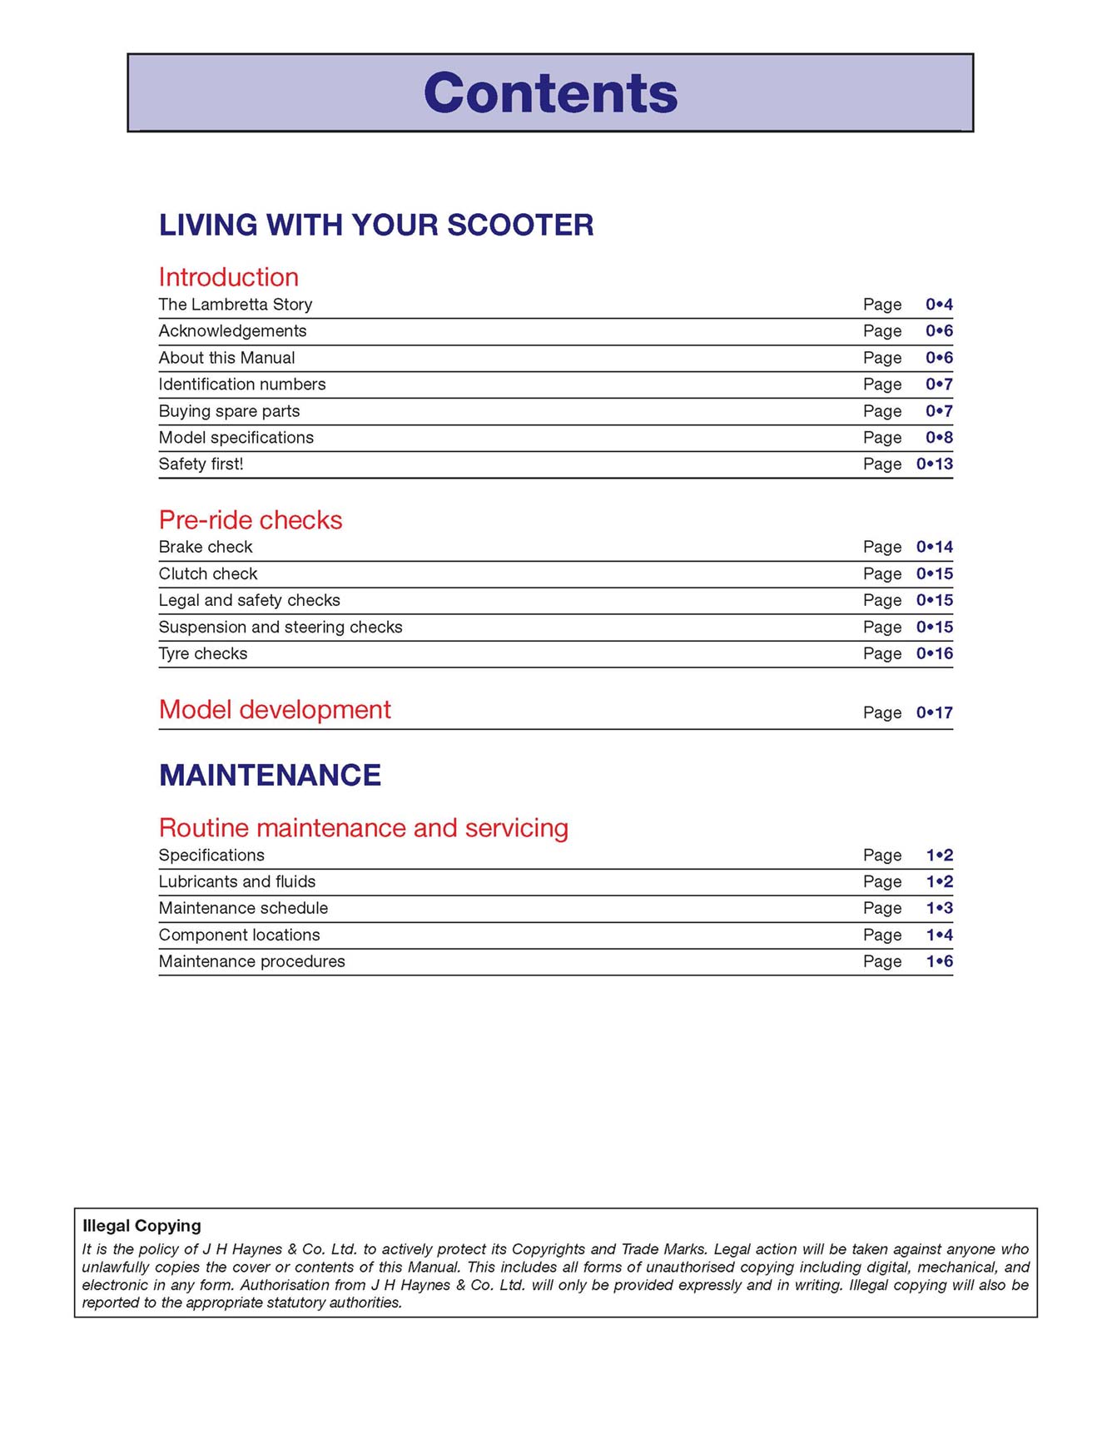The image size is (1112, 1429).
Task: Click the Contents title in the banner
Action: point(550,92)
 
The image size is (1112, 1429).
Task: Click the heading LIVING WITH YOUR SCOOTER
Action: point(376,225)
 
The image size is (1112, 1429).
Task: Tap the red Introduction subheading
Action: point(228,277)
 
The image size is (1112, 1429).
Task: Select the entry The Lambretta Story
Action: point(236,305)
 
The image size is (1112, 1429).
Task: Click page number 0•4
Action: point(939,305)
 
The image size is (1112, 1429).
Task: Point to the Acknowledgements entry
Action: point(232,331)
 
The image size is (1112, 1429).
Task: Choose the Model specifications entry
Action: point(236,438)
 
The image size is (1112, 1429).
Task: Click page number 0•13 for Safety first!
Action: point(934,464)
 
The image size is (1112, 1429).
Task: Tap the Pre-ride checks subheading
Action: point(251,520)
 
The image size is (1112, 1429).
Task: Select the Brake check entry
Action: point(206,547)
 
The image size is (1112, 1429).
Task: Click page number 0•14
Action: point(934,547)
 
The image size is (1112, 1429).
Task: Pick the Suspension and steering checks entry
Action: point(280,627)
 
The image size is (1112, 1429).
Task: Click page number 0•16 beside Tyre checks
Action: point(934,653)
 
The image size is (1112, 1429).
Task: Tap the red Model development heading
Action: point(275,710)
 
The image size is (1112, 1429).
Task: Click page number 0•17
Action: point(934,712)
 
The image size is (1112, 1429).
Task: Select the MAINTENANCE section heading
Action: point(270,775)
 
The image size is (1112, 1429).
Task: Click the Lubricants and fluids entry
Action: point(237,881)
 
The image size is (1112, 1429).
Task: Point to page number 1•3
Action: point(939,908)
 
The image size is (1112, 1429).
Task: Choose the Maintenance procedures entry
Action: point(251,961)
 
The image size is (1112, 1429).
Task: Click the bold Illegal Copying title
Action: point(141,1225)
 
